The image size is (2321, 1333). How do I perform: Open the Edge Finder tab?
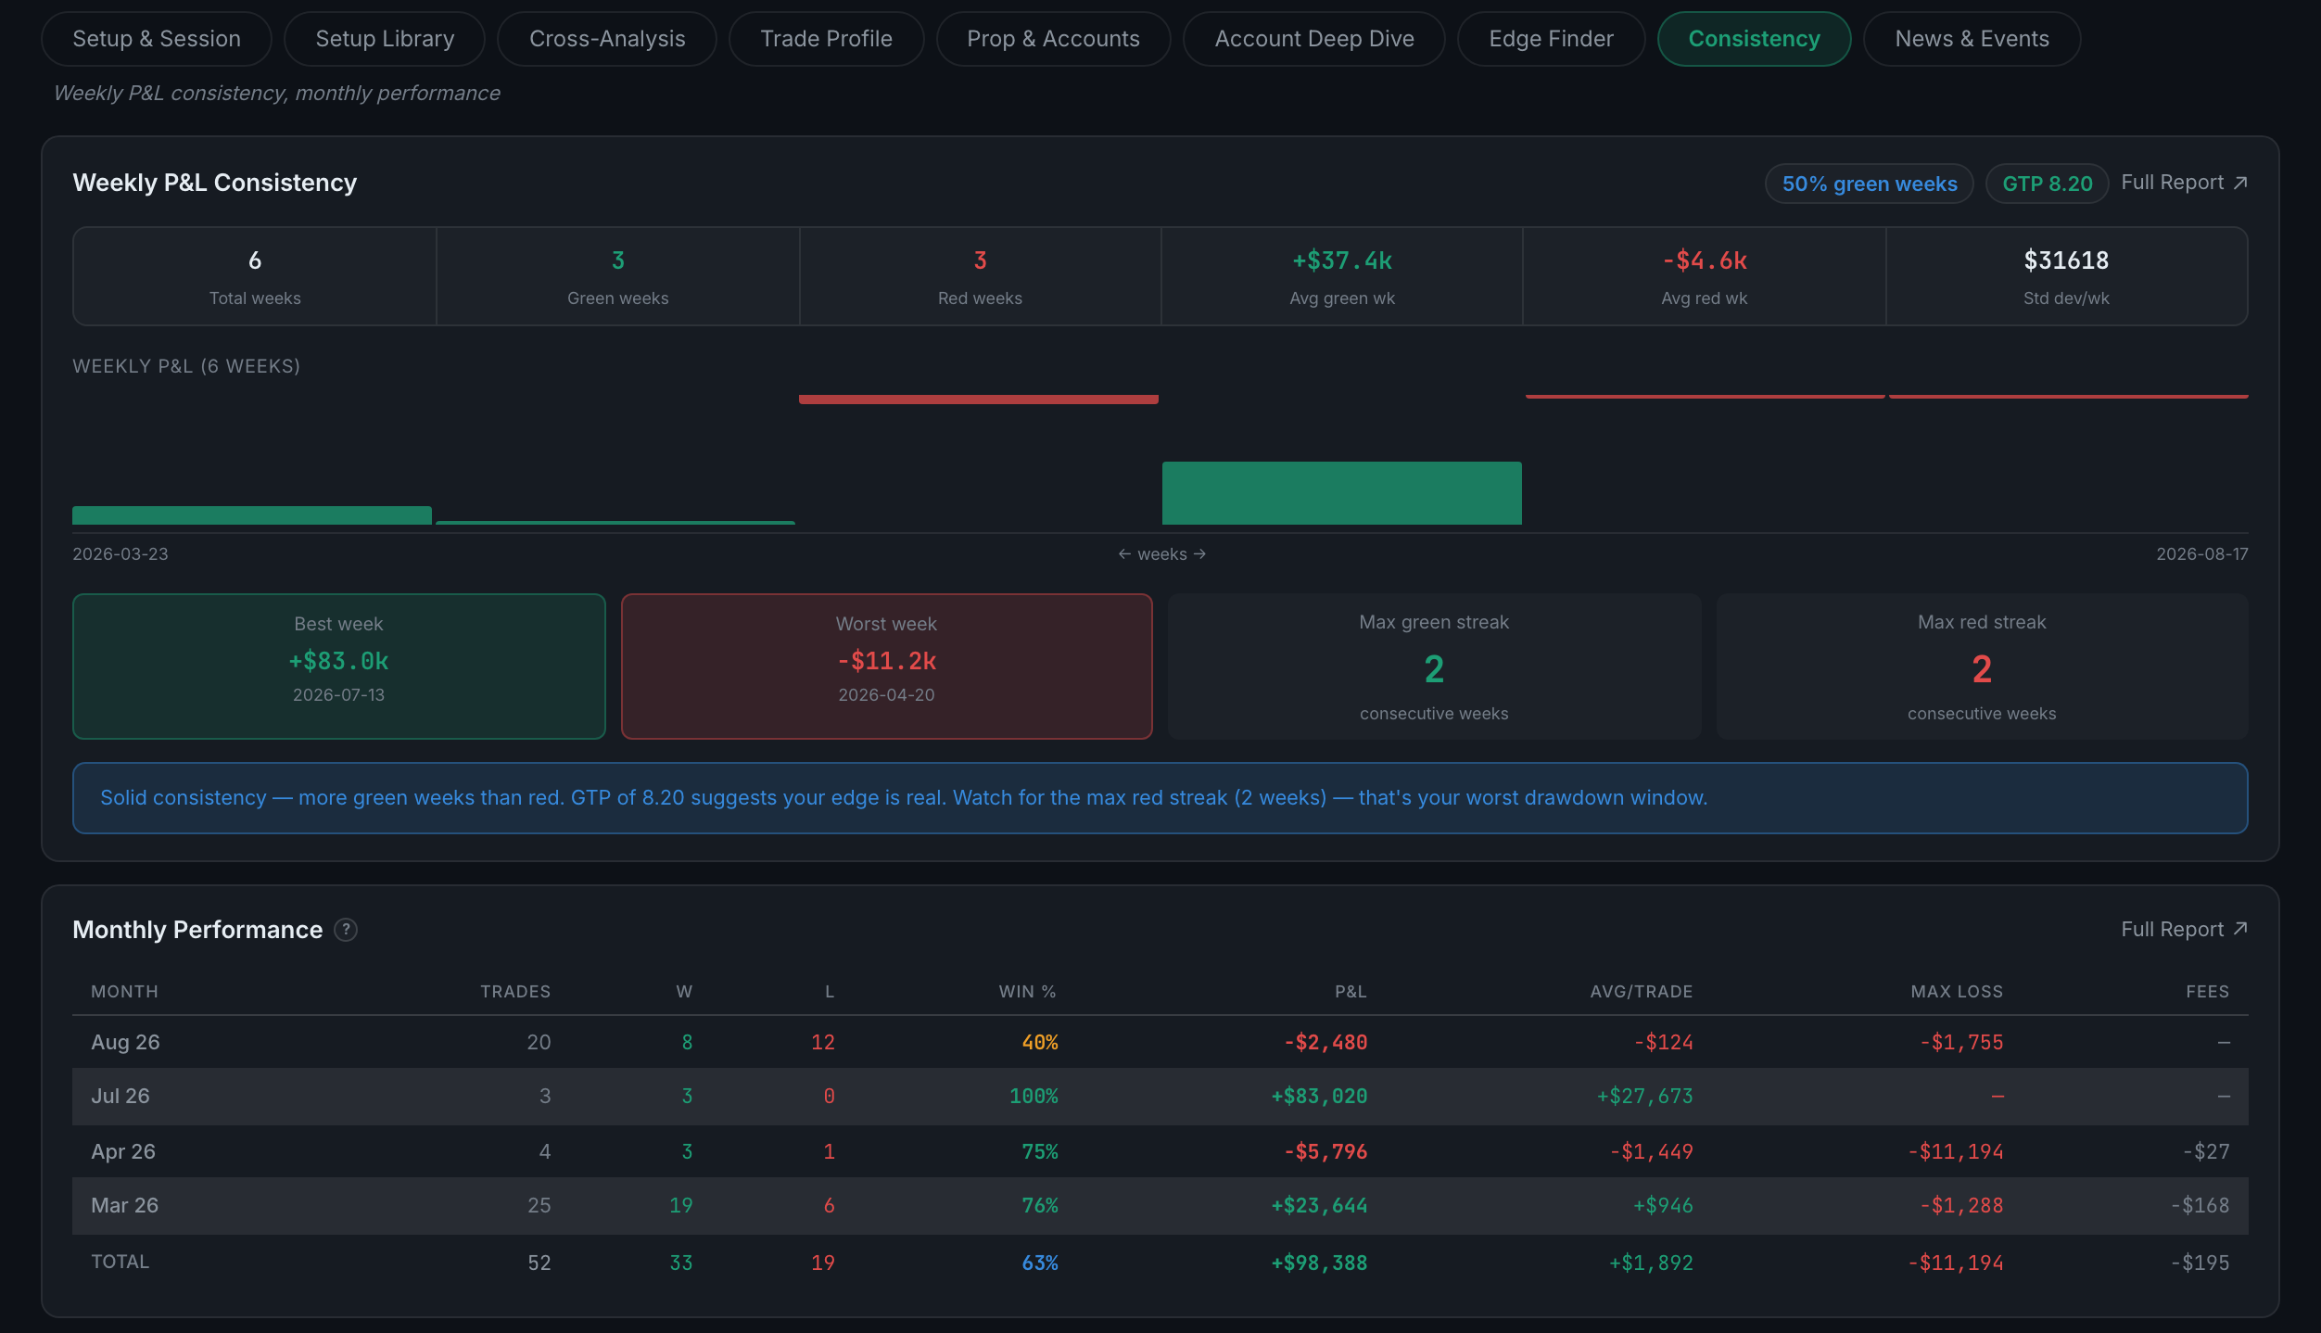tap(1551, 39)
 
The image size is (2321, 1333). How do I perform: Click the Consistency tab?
tap(1754, 39)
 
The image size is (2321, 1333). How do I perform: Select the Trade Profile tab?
tap(826, 39)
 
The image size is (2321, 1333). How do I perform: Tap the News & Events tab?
tap(1972, 39)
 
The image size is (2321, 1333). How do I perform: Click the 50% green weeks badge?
tap(1870, 184)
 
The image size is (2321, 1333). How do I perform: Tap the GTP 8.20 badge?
tap(2048, 184)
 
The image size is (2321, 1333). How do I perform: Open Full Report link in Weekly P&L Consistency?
tap(2184, 183)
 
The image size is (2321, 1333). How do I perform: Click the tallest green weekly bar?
tap(1342, 493)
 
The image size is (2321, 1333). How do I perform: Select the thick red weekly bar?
tap(979, 400)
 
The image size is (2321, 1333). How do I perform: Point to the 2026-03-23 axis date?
tap(120, 554)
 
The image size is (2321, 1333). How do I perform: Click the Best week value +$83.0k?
tap(338, 661)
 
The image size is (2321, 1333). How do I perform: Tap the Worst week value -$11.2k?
tap(887, 661)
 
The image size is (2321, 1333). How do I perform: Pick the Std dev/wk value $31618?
tap(2066, 260)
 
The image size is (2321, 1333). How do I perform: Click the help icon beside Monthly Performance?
tap(346, 930)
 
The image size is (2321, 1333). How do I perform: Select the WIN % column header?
tap(1027, 992)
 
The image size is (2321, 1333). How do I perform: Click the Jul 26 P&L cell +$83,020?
tap(1319, 1097)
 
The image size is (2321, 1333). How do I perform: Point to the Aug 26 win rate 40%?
tap(1040, 1043)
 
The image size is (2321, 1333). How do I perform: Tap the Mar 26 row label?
tap(125, 1205)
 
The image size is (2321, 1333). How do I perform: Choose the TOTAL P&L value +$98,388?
tap(1319, 1263)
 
